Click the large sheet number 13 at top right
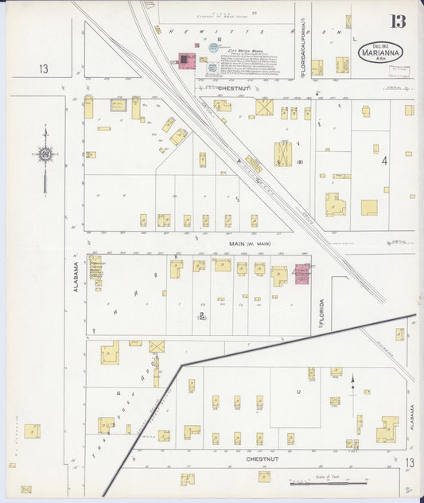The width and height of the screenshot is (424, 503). tap(398, 21)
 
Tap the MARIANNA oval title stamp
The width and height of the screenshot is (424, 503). tap(380, 52)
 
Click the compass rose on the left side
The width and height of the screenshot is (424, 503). tap(45, 155)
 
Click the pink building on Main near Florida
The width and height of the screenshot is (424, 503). tap(302, 275)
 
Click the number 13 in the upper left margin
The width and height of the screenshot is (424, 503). tap(44, 69)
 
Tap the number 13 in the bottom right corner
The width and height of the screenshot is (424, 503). tap(409, 462)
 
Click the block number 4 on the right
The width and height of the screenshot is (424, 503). tap(384, 161)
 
